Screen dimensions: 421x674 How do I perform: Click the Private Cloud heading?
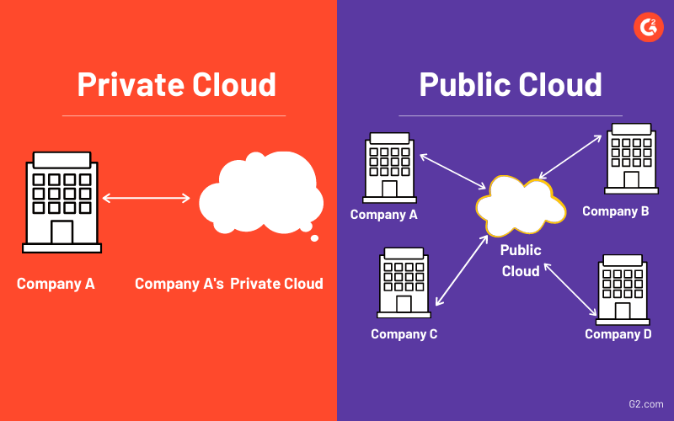coord(177,84)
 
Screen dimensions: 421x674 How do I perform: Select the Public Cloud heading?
coord(511,84)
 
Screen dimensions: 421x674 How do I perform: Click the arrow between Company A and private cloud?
coord(147,199)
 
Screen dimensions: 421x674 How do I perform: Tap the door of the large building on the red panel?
coord(62,232)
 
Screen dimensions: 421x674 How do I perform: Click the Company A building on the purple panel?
coord(388,168)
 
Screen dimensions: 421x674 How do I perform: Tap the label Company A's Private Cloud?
coord(229,284)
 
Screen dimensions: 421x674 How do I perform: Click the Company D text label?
coord(618,334)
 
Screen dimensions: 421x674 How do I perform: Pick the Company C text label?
coord(404,334)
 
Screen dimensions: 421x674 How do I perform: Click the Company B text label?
coord(616,211)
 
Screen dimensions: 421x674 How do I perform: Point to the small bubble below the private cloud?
coord(314,238)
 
